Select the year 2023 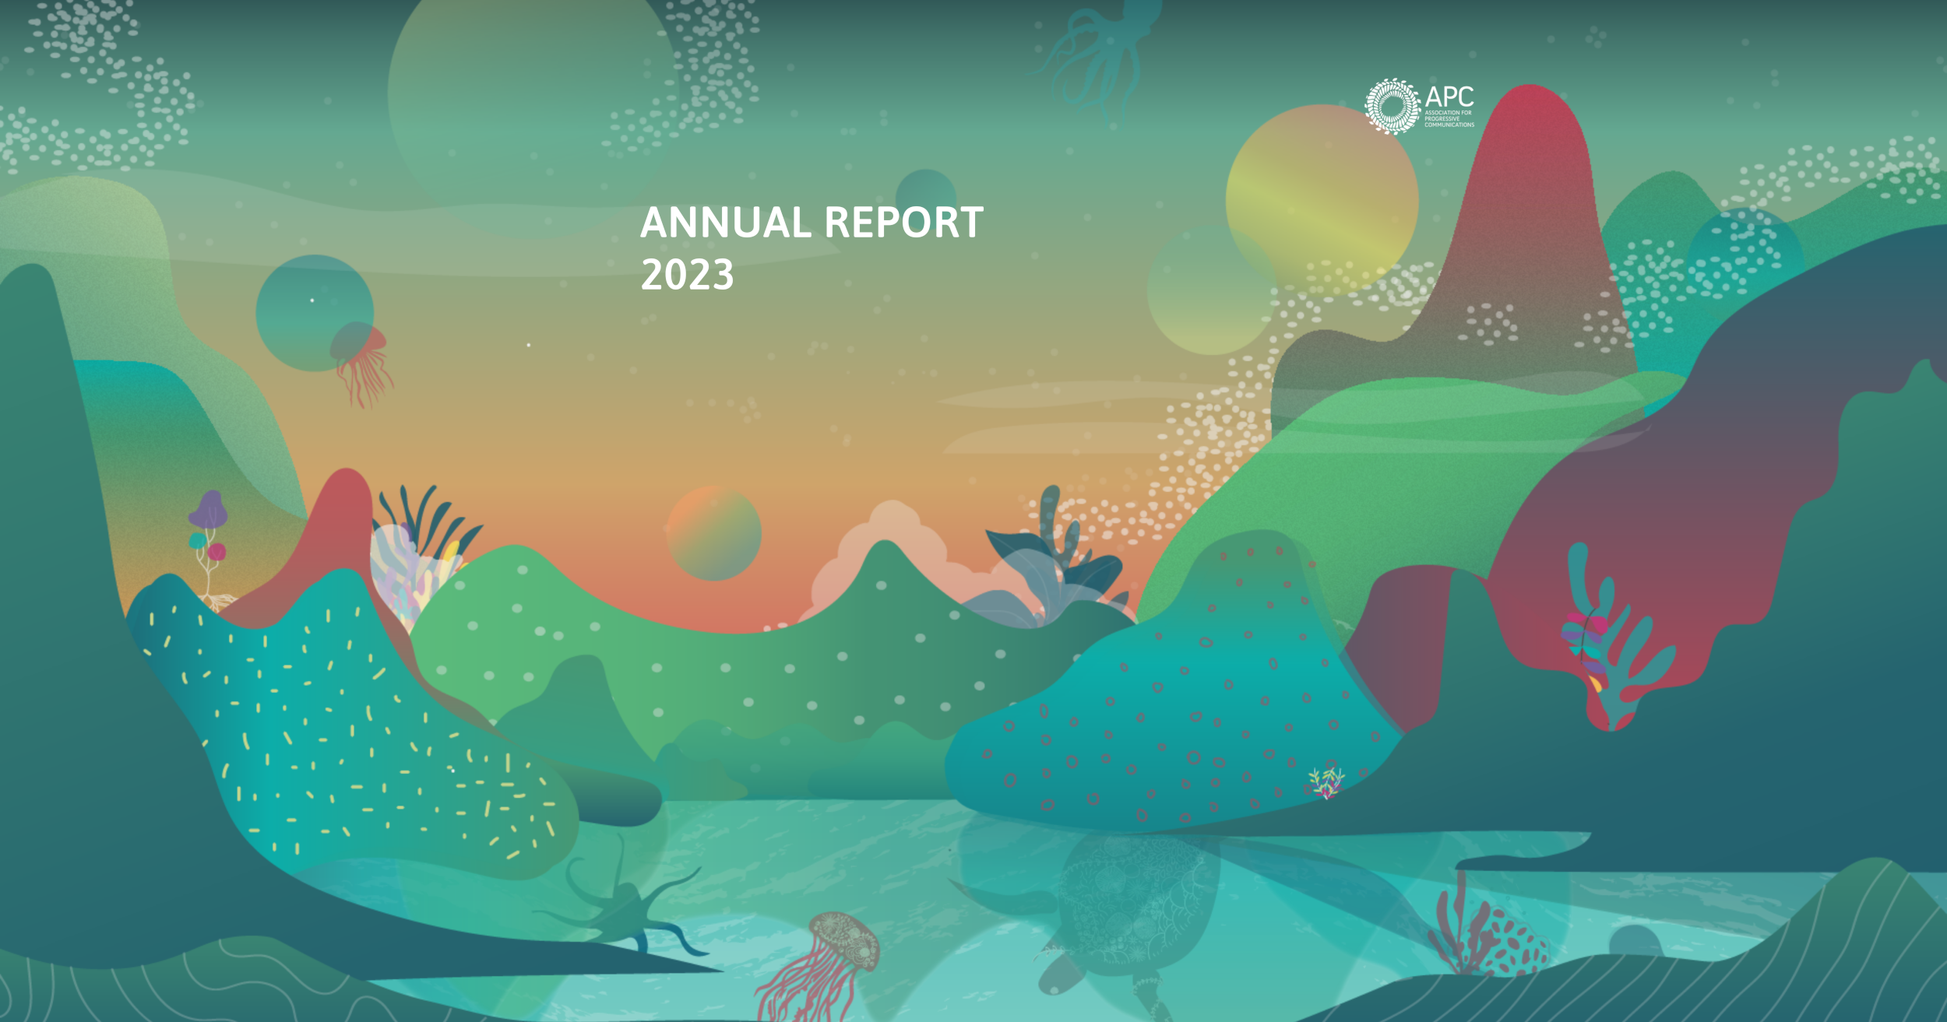click(x=687, y=275)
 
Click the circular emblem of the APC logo click(x=1392, y=107)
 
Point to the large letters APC click(x=1449, y=97)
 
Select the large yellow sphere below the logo click(x=1322, y=198)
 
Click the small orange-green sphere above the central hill click(x=713, y=533)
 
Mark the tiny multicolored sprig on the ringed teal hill click(x=1326, y=782)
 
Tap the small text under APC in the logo click(x=1449, y=118)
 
